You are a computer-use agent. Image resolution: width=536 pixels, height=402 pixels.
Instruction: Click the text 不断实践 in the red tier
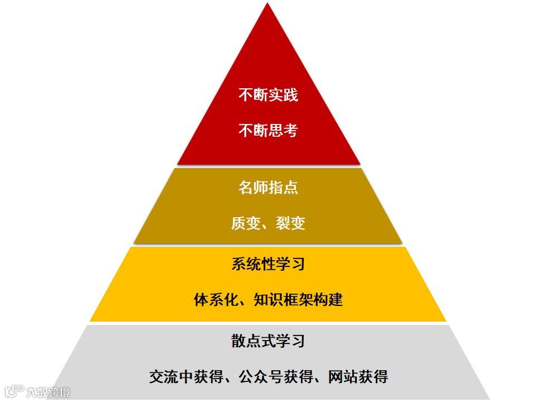pyautogui.click(x=268, y=95)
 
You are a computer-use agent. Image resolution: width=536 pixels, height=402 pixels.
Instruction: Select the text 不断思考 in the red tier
pyautogui.click(x=268, y=131)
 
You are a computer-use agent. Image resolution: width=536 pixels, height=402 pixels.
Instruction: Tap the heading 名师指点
pyautogui.click(x=268, y=188)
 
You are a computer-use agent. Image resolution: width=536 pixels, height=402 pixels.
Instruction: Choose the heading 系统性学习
pyautogui.click(x=268, y=264)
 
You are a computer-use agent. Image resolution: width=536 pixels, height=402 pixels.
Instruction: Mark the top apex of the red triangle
pyautogui.click(x=269, y=4)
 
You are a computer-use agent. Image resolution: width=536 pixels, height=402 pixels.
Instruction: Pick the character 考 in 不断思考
pyautogui.click(x=290, y=131)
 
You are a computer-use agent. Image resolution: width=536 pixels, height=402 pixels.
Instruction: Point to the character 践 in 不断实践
pyautogui.click(x=290, y=95)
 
